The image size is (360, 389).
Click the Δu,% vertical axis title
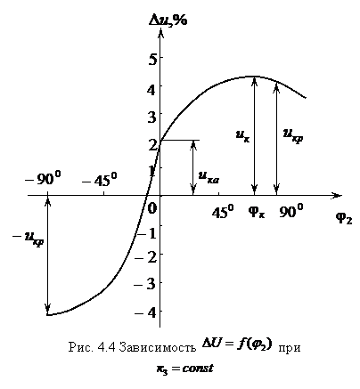point(168,20)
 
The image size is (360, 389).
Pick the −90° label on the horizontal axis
point(43,178)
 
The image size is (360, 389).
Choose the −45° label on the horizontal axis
point(100,179)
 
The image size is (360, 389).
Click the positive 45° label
point(223,211)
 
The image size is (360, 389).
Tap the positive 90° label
point(291,211)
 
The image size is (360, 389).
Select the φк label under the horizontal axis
point(256,213)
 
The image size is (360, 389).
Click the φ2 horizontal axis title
point(344,219)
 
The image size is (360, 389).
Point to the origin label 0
point(151,208)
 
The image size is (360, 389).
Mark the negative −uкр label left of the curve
point(29,239)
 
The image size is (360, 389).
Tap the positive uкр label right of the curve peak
point(293,136)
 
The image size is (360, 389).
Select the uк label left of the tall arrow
point(242,137)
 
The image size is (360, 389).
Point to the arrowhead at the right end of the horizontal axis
point(337,195)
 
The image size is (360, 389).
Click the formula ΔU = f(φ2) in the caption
point(237,344)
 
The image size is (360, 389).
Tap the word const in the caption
point(198,369)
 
